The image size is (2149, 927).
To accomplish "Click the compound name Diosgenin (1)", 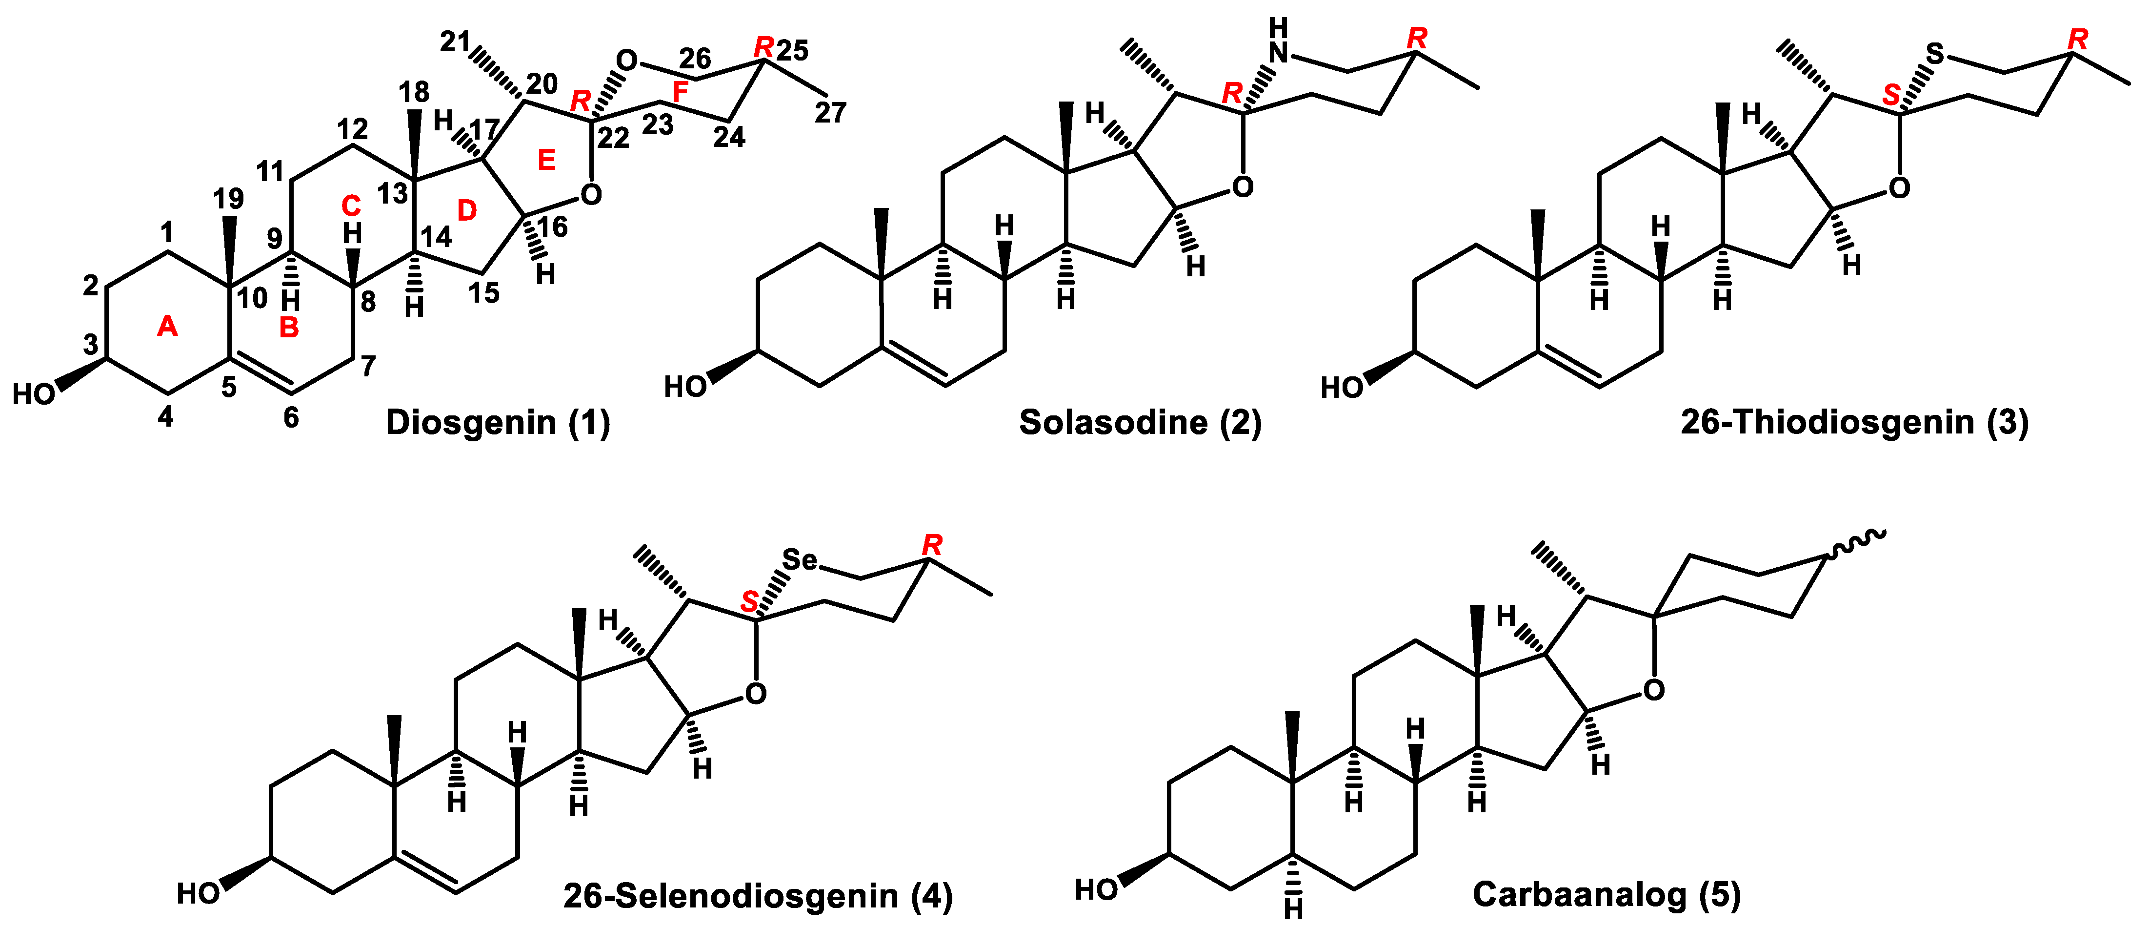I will click(497, 423).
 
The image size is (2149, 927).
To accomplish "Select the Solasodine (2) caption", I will click(1140, 423).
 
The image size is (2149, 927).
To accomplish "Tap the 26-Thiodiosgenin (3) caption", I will click(1854, 423).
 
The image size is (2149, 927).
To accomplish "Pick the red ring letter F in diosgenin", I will click(681, 93).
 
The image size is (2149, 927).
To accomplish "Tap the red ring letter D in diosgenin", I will click(467, 210).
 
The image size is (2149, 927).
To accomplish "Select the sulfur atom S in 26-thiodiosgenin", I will click(1935, 55).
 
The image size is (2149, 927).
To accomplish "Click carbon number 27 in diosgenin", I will click(830, 113).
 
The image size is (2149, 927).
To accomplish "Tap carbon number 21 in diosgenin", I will click(455, 41).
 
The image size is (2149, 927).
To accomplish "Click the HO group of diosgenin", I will click(33, 394).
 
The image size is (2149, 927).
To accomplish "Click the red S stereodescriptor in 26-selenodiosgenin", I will click(750, 601).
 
